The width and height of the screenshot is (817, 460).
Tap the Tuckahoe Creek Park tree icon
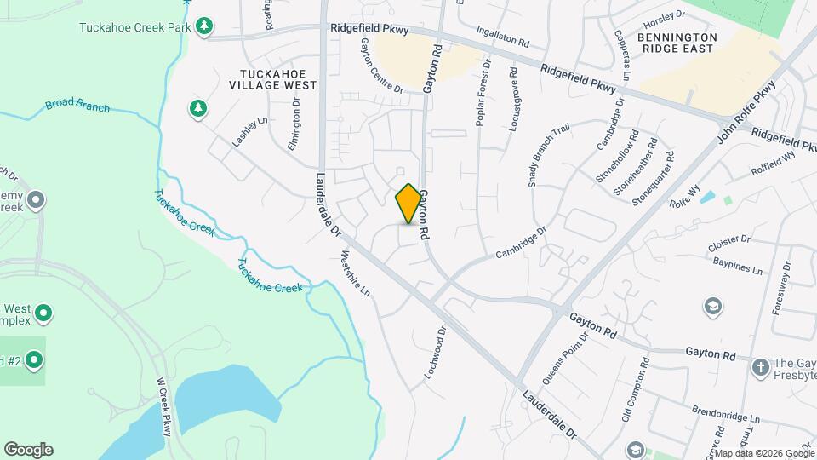click(203, 27)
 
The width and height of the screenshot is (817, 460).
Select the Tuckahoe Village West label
click(272, 79)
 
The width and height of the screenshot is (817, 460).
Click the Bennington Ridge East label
click(677, 43)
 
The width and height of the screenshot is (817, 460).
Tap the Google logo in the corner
click(27, 450)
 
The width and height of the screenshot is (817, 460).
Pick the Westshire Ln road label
click(356, 273)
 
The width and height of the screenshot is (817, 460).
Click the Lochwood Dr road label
click(435, 353)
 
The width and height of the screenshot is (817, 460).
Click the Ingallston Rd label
click(503, 37)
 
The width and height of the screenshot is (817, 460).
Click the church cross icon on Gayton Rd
click(760, 366)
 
